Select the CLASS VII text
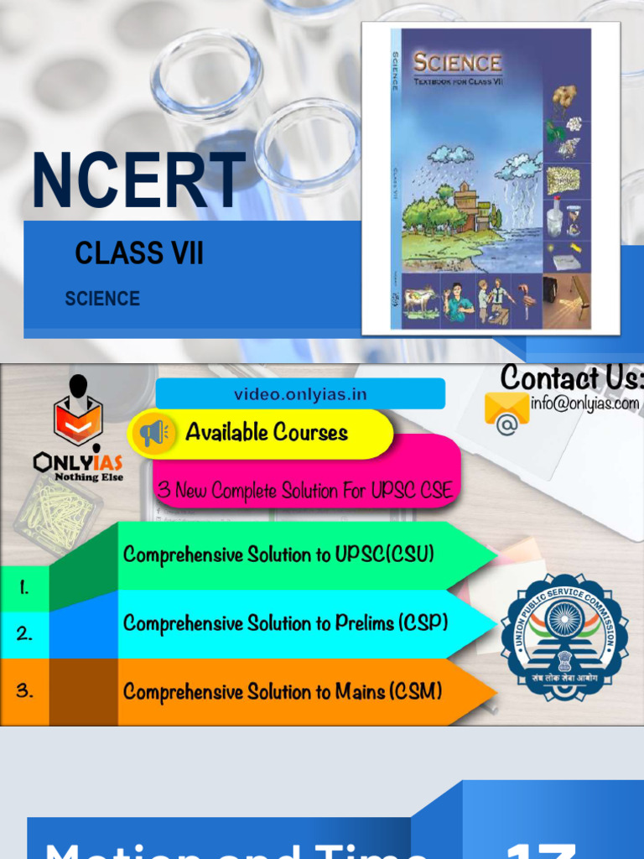(x=139, y=253)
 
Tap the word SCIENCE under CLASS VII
(x=102, y=299)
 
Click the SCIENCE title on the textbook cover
(x=457, y=63)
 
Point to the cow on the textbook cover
(x=419, y=299)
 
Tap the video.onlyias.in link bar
(x=300, y=393)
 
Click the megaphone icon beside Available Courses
(x=153, y=433)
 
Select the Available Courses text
(x=267, y=433)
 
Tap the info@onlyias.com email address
(x=584, y=403)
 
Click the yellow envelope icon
(x=506, y=409)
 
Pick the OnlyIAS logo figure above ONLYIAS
(x=78, y=412)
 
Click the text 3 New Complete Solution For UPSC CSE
(x=305, y=491)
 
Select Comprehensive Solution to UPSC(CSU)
(x=278, y=554)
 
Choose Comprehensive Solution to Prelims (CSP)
(x=285, y=623)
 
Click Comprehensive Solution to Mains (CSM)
(x=283, y=692)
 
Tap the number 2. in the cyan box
(x=24, y=634)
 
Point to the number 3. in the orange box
(x=24, y=691)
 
